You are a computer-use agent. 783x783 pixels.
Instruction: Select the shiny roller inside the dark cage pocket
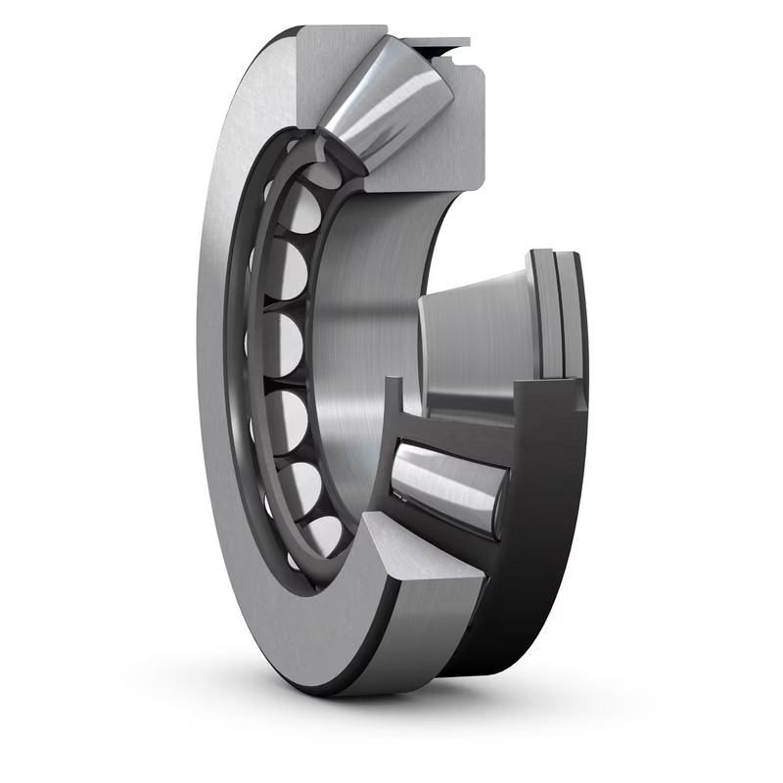click(445, 484)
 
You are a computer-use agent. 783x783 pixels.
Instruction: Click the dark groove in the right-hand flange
click(554, 313)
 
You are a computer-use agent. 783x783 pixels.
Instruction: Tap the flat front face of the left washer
click(220, 391)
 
